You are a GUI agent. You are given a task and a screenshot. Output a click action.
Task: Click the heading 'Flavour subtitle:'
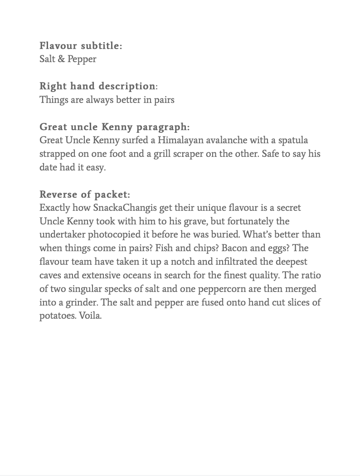click(x=81, y=46)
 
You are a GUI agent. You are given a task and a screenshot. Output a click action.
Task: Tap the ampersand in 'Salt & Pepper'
click(x=61, y=59)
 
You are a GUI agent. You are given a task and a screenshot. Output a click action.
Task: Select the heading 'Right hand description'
click(x=97, y=86)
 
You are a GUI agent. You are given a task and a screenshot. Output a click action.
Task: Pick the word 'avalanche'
click(x=226, y=141)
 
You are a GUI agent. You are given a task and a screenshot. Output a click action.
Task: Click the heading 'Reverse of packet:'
click(x=85, y=195)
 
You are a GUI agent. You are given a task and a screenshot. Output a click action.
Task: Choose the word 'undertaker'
click(x=62, y=235)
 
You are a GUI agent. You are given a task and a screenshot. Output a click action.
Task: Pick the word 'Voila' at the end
click(x=89, y=316)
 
